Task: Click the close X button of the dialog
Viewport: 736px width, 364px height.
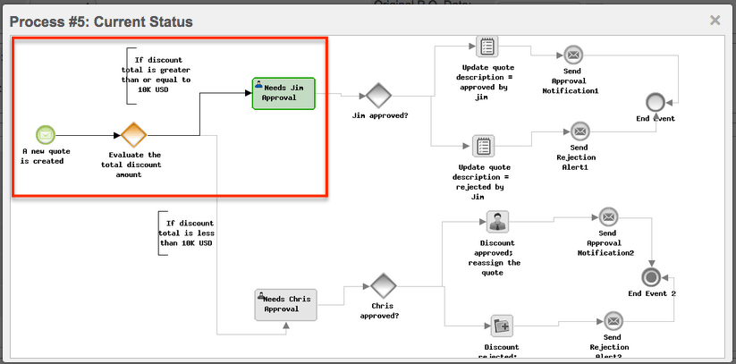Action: (x=715, y=20)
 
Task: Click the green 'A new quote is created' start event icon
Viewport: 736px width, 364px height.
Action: (x=46, y=135)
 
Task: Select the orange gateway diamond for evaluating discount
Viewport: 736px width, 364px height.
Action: (x=133, y=135)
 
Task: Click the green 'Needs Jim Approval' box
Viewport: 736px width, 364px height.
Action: (x=283, y=93)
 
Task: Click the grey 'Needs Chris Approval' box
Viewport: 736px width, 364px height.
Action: (x=286, y=304)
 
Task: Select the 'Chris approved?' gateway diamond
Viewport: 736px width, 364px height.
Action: (x=384, y=286)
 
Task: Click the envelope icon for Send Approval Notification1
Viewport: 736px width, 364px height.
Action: (x=572, y=55)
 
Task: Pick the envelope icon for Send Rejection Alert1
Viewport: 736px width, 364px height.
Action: (x=580, y=131)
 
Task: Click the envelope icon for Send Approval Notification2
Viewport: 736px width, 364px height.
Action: (x=609, y=216)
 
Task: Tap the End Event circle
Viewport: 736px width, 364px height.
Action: (x=655, y=101)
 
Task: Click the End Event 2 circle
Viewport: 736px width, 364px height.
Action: (x=650, y=275)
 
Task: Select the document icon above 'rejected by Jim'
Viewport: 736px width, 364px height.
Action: (x=484, y=145)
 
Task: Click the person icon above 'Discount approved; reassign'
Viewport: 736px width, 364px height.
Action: (x=497, y=222)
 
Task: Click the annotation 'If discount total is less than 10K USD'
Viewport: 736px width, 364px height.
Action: (x=185, y=232)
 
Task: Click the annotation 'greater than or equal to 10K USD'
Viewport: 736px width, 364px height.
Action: (x=156, y=73)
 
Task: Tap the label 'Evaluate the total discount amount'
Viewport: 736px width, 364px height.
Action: (x=131, y=165)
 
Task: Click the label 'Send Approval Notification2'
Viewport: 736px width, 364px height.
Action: (x=610, y=242)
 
